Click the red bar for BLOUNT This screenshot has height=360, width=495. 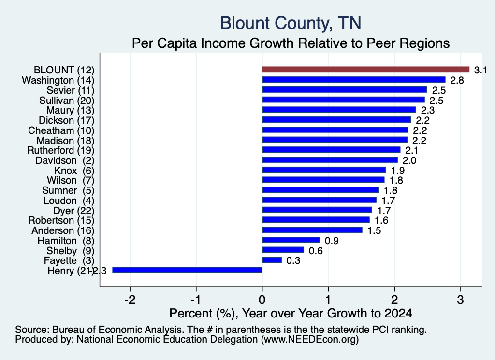point(366,70)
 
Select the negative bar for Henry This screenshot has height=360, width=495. point(188,270)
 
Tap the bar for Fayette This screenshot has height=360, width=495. point(272,260)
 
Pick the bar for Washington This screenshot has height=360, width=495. point(354,80)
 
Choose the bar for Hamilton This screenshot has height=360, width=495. point(291,240)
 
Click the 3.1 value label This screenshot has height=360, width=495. point(480,70)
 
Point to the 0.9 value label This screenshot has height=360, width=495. point(332,241)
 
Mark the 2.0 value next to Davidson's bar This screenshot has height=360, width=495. point(409,160)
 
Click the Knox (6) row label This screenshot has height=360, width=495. point(74,171)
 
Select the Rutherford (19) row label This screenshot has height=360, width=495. point(60,150)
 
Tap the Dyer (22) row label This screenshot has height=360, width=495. point(74,211)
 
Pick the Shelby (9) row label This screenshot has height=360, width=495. point(71,251)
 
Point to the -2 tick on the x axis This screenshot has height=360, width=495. point(130,300)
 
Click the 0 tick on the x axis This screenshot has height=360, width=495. point(262,300)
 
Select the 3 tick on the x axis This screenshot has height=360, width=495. point(461,300)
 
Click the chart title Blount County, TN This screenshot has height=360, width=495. point(291,23)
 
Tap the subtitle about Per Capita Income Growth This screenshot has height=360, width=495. point(291,43)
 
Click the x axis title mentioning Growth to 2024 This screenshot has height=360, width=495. point(291,313)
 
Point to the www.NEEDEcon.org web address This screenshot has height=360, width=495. point(310,340)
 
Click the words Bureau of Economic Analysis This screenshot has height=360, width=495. point(117,330)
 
